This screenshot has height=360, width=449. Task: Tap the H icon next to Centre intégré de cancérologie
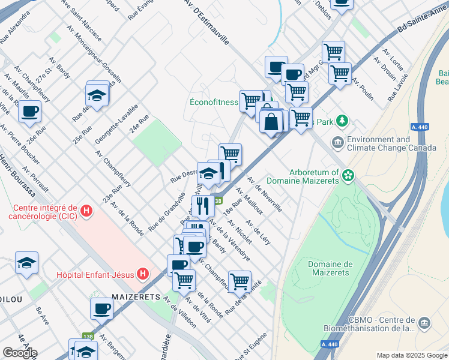pyautogui.click(x=86, y=211)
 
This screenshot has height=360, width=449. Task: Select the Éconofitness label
pyautogui.click(x=213, y=102)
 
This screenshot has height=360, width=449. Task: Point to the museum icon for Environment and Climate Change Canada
pyautogui.click(x=337, y=143)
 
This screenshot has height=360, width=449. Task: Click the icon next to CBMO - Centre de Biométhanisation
pyautogui.click(x=425, y=323)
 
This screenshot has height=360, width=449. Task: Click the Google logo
pyautogui.click(x=20, y=352)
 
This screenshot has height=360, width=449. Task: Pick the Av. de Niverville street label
pyautogui.click(x=268, y=196)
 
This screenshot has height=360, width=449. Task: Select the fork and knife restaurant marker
pyautogui.click(x=203, y=206)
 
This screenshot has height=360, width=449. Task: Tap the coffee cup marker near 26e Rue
pyautogui.click(x=29, y=110)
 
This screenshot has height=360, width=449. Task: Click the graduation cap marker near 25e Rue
pyautogui.click(x=97, y=95)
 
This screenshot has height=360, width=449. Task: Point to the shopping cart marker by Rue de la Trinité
pyautogui.click(x=240, y=280)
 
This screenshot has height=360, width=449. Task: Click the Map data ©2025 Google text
pyautogui.click(x=411, y=355)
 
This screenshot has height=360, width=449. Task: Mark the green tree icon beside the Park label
pyautogui.click(x=342, y=121)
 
